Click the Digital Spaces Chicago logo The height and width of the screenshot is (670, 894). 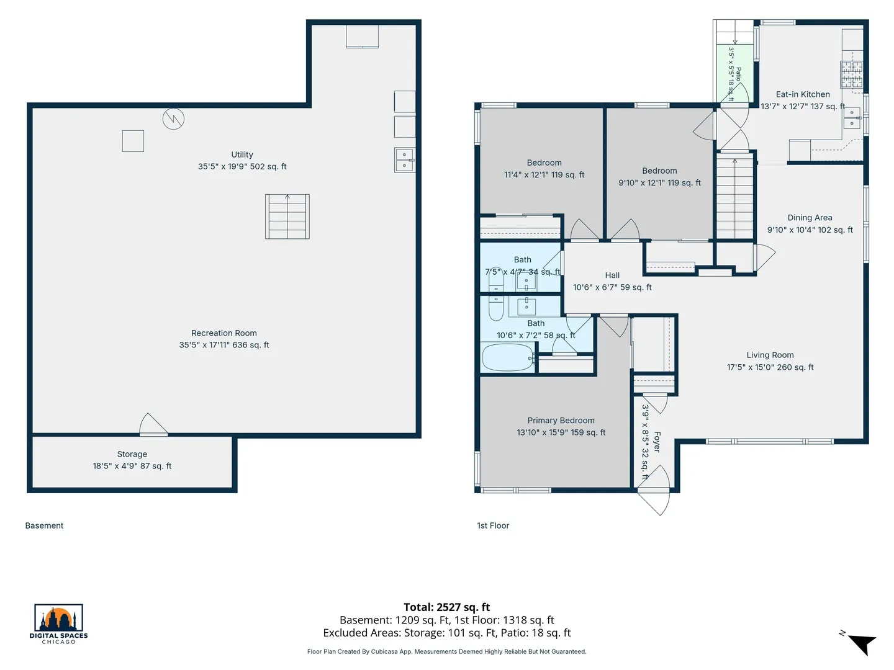click(58, 623)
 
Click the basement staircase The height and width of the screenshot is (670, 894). click(287, 217)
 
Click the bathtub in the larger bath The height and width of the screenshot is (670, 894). click(507, 357)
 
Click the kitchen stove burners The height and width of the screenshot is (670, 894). click(852, 74)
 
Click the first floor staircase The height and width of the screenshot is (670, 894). click(734, 195)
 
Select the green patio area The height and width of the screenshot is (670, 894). click(734, 73)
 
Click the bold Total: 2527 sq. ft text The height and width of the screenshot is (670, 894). click(447, 607)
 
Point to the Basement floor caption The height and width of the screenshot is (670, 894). click(45, 525)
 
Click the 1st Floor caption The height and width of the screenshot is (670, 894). click(493, 525)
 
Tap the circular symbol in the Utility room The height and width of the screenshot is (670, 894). click(173, 118)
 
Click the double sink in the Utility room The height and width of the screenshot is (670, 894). click(405, 160)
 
